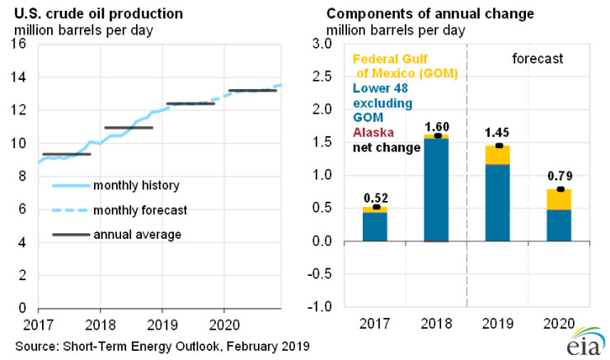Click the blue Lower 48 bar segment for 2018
coord(437,189)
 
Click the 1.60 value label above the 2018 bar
coord(437,126)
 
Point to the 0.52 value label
coord(376,198)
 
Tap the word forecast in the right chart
coord(536,59)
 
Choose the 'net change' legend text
coord(387,147)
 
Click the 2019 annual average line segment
coord(190,104)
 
